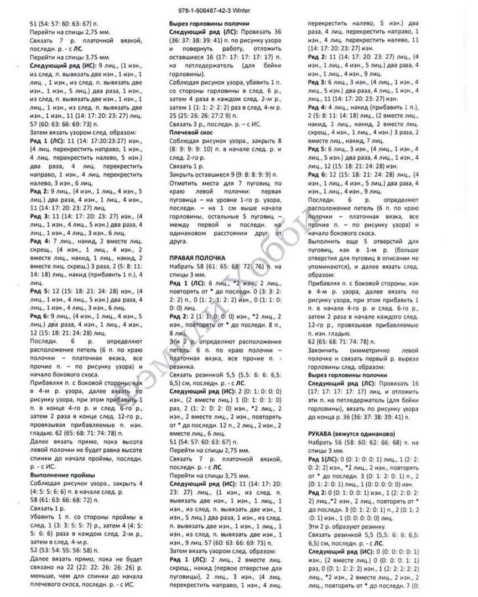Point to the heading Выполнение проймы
point(62,475)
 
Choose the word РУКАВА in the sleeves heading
point(322,433)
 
